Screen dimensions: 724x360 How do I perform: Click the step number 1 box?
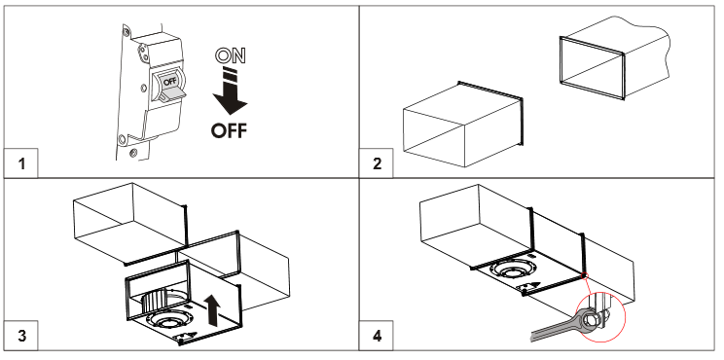click(20, 162)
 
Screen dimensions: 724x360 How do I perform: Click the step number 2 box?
click(377, 162)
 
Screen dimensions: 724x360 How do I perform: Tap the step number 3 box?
click(20, 335)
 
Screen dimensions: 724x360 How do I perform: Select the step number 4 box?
click(377, 335)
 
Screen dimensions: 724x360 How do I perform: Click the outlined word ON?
click(231, 55)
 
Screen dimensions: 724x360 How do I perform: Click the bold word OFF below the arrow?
click(229, 130)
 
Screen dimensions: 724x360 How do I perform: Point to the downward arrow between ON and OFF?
click(230, 92)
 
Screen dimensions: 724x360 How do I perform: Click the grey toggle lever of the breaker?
click(172, 94)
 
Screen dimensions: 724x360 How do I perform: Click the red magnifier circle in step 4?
click(601, 316)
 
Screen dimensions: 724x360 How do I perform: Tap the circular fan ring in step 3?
click(165, 321)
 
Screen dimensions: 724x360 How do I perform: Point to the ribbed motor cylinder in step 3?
click(155, 302)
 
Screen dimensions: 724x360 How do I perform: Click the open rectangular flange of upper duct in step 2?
click(592, 68)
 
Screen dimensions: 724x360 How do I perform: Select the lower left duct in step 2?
click(463, 124)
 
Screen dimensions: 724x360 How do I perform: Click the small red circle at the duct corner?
click(585, 276)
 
